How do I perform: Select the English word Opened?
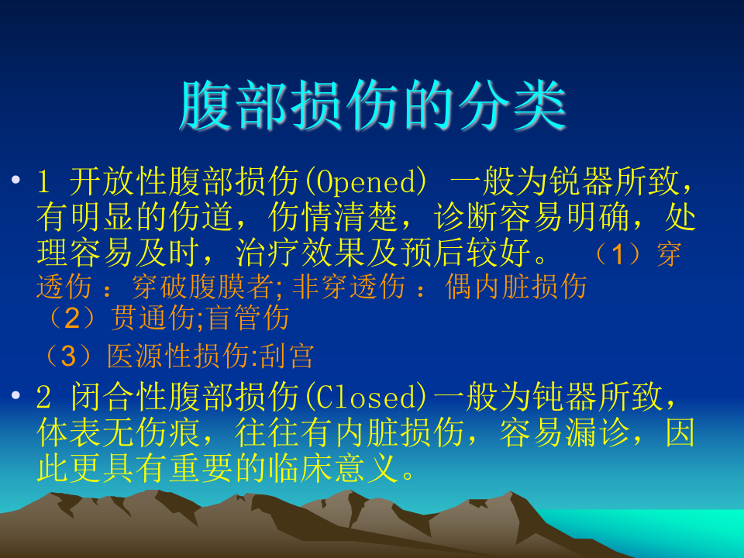pyautogui.click(x=365, y=182)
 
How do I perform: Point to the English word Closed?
pyautogui.click(x=365, y=397)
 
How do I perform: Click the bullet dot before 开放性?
pyautogui.click(x=15, y=180)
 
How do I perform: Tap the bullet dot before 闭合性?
pyautogui.click(x=15, y=394)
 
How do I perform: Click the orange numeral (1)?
pyautogui.click(x=618, y=254)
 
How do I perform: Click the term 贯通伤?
pyautogui.click(x=153, y=318)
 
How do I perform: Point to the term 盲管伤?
pyautogui.click(x=249, y=318)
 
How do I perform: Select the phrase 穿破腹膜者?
pyautogui.click(x=202, y=287)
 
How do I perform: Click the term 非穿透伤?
pyautogui.click(x=349, y=287)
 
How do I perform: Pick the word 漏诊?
pyautogui.click(x=597, y=432)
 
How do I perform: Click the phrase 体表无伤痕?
pyautogui.click(x=119, y=432)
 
